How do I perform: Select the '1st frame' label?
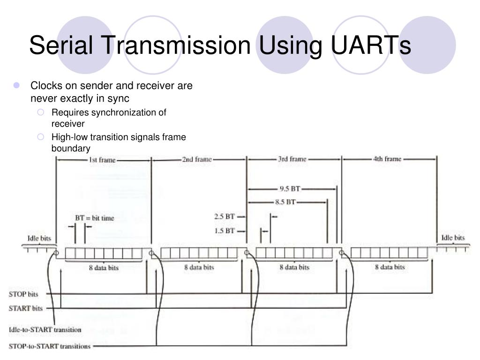[102, 160]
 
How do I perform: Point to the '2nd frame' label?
[197, 159]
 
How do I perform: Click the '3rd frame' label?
[292, 159]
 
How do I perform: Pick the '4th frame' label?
[387, 159]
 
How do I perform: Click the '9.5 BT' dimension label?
[289, 189]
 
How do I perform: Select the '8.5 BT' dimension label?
[285, 202]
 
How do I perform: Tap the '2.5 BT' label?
[224, 217]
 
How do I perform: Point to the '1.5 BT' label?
[224, 230]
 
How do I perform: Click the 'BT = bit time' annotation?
[95, 218]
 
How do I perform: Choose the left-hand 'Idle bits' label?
[39, 238]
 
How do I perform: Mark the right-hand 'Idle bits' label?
[453, 238]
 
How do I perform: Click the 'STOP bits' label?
[23, 294]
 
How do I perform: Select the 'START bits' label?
[26, 308]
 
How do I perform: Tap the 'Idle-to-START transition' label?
[45, 330]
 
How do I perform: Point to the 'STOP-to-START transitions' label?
[50, 346]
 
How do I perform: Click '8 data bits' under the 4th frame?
[390, 267]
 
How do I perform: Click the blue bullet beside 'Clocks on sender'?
[17, 86]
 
